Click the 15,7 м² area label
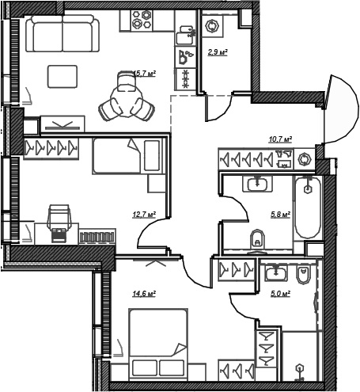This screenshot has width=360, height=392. (x=144, y=74)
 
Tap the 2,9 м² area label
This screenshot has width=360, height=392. (x=218, y=52)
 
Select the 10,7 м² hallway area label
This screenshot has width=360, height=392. (x=280, y=139)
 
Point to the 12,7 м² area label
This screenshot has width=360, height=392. (x=144, y=215)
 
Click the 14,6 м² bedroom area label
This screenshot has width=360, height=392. (x=144, y=293)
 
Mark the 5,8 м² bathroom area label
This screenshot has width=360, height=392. (x=281, y=215)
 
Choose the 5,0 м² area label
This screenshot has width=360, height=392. (x=281, y=293)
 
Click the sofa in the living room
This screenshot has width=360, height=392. (x=63, y=33)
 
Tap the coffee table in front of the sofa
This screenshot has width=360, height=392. (x=63, y=77)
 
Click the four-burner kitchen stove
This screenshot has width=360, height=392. (x=142, y=20)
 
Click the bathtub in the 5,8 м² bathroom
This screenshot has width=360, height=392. (x=308, y=207)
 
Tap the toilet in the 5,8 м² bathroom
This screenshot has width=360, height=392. (x=258, y=239)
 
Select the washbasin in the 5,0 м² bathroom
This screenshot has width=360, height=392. (x=276, y=273)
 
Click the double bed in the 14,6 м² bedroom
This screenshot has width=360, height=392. (x=158, y=344)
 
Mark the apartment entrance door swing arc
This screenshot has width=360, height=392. (x=342, y=108)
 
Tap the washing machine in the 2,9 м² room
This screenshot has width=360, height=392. (x=212, y=25)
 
